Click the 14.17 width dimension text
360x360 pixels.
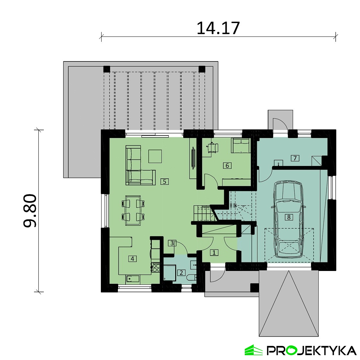coord(218,28)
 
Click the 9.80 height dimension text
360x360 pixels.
coord(30,210)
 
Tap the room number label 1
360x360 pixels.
coord(214,253)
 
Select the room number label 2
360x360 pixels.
coord(181,273)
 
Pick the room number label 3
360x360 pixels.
coord(172,243)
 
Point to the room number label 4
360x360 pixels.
coord(133,258)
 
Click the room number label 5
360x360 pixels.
coord(164,182)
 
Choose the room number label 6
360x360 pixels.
coord(227,166)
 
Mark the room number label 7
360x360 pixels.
coord(295,158)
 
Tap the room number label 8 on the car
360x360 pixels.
coord(289,217)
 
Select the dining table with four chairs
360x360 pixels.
coord(133,210)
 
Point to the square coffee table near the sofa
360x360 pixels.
coord(155,156)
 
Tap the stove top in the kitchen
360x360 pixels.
coord(156,267)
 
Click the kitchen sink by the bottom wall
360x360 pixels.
coord(133,279)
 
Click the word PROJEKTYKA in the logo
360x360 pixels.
coord(311,350)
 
